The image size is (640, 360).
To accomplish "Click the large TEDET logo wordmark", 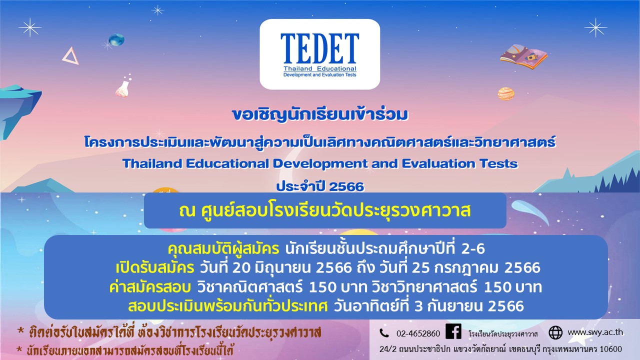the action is coord(319,48).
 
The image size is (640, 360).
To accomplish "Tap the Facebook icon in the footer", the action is coord(453,331).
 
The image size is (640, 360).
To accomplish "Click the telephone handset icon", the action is coord(384,333).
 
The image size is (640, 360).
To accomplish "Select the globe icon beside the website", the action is coord(555,332).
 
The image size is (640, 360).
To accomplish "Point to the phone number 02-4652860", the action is coord(418,333).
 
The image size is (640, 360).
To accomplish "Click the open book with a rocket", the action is coord(523,57).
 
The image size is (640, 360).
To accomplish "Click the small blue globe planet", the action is coord(116,39).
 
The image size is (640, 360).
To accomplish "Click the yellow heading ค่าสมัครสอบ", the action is coord(150,287).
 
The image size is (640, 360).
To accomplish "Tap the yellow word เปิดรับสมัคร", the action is coord(155,268).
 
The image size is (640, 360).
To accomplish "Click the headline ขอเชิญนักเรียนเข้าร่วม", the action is coord(319,114).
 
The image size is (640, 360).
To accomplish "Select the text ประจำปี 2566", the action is coord(320,186).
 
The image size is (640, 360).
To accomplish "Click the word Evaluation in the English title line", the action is coord(438,163).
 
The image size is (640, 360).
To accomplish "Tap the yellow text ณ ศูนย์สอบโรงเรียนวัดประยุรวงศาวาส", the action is coord(325,210).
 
